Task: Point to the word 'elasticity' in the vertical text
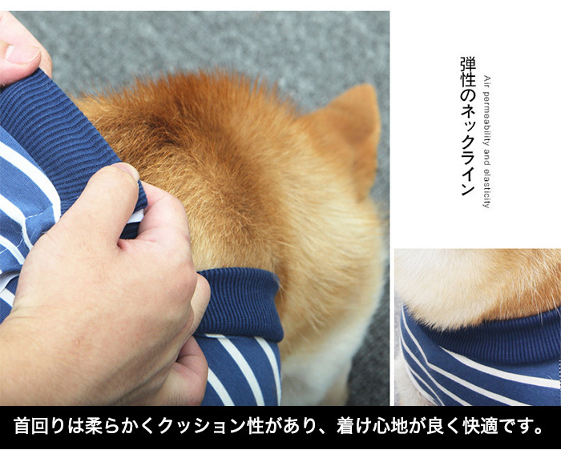pyautogui.click(x=486, y=188)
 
